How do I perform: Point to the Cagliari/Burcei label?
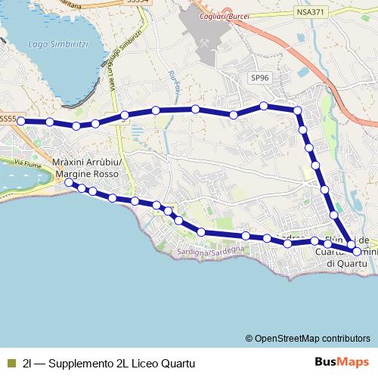(x=226, y=17)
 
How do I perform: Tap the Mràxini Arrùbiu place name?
(x=85, y=164)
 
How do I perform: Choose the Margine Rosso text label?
(x=86, y=175)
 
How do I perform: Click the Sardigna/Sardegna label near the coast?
(x=211, y=250)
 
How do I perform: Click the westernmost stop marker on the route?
(x=21, y=121)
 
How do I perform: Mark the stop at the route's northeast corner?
(x=297, y=111)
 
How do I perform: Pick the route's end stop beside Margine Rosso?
(x=69, y=183)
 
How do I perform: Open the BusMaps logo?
(x=342, y=362)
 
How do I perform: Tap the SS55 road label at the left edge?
(x=8, y=118)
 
